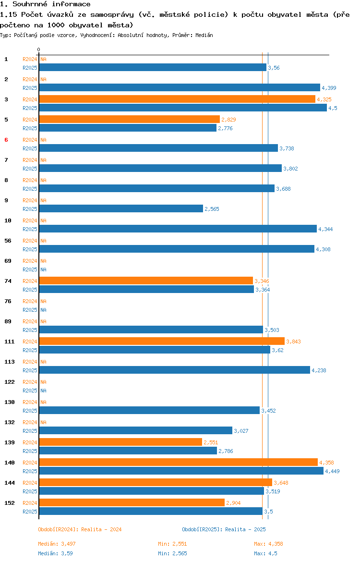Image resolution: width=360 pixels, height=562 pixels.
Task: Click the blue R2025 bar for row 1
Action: coord(153,67)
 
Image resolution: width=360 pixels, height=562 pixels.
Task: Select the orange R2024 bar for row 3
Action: coord(177,99)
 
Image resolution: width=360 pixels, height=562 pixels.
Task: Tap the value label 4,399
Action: coord(329,88)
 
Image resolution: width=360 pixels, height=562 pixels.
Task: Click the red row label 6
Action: coord(6,140)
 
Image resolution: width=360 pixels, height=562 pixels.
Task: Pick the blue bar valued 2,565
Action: coord(121,208)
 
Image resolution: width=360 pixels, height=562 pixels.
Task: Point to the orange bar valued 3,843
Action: coord(162,341)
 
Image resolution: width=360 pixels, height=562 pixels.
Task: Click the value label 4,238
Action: coord(319,370)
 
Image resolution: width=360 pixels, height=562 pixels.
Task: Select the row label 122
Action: coord(9,382)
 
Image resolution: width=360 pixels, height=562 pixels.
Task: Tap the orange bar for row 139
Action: coord(120,442)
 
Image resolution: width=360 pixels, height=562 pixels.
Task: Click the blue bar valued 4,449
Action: coord(181,471)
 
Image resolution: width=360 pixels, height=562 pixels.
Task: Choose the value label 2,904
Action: coord(234,503)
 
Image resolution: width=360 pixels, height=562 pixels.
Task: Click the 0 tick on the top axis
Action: coord(39,49)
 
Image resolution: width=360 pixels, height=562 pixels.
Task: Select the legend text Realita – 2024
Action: coord(101,529)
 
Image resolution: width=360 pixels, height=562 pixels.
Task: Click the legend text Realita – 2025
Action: coord(245,529)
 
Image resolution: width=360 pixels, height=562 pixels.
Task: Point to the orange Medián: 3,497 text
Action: coord(57,544)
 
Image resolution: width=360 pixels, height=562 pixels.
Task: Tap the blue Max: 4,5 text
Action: coord(265,553)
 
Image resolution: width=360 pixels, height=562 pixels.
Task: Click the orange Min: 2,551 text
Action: coord(173,544)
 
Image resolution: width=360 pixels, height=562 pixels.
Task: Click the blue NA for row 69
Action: coord(43,269)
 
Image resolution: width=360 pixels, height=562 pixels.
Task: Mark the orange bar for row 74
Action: coord(146,281)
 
